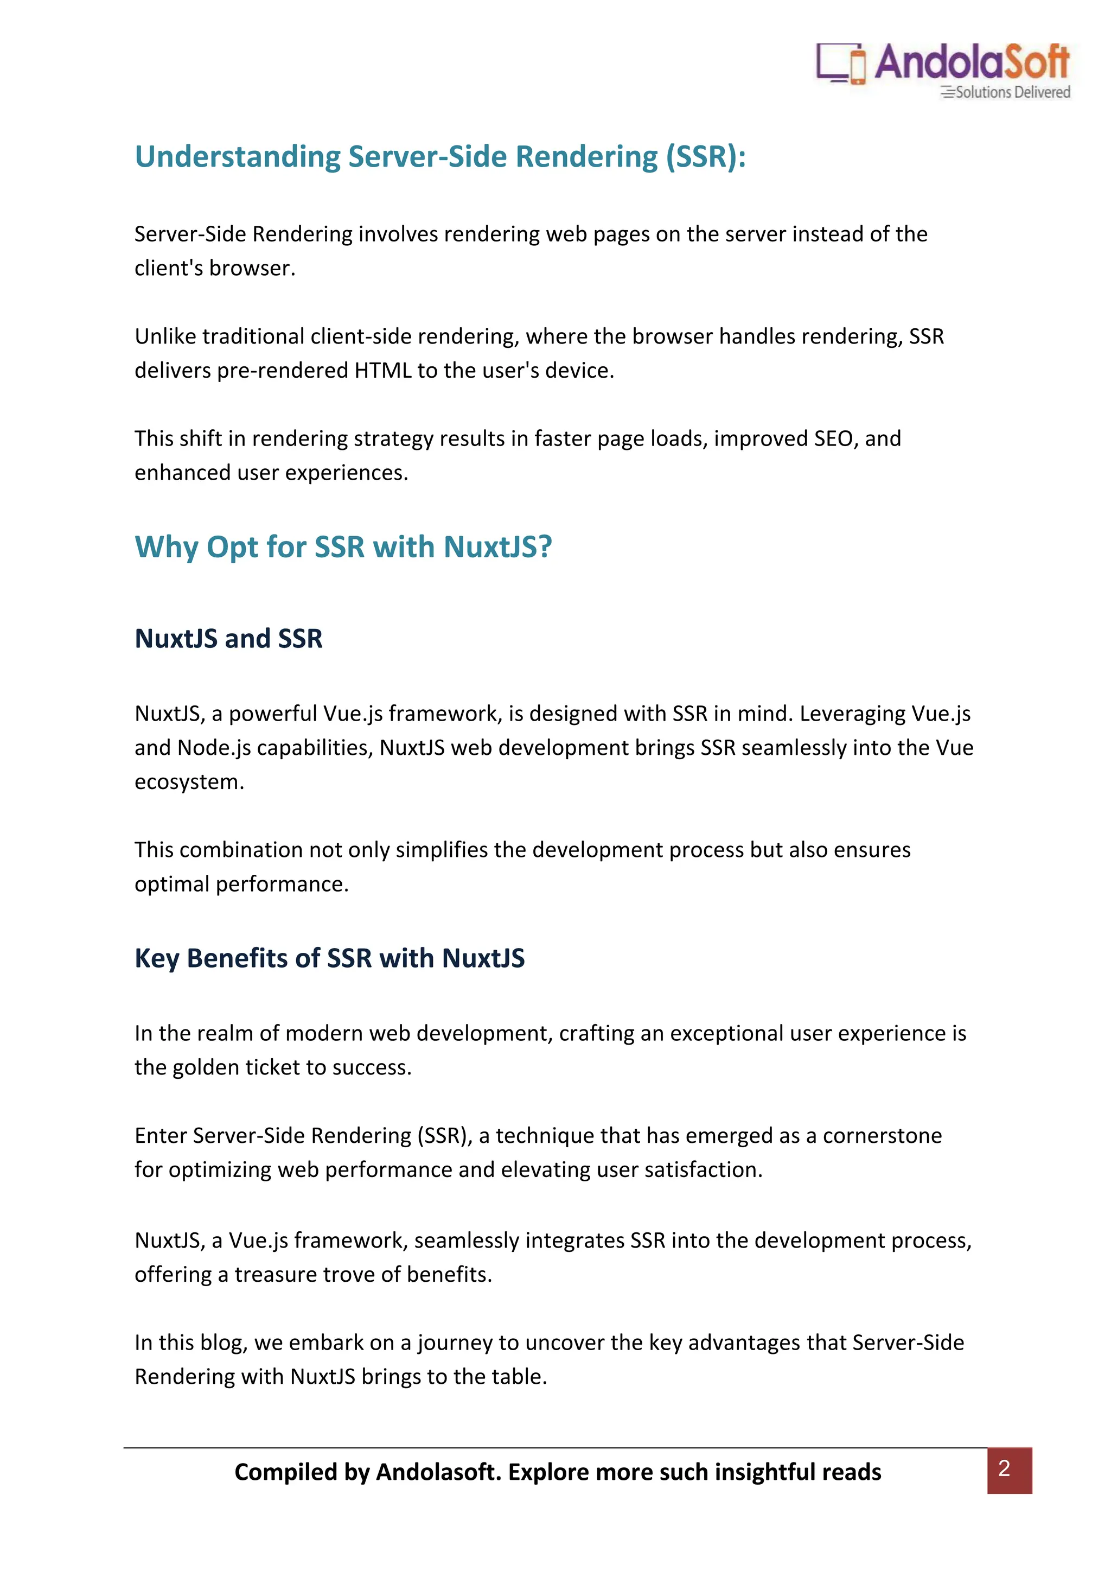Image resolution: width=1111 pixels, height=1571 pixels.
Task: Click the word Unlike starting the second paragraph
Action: (x=165, y=336)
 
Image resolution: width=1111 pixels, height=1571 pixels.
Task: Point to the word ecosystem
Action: (x=189, y=782)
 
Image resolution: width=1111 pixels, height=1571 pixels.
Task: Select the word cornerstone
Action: (x=882, y=1136)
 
